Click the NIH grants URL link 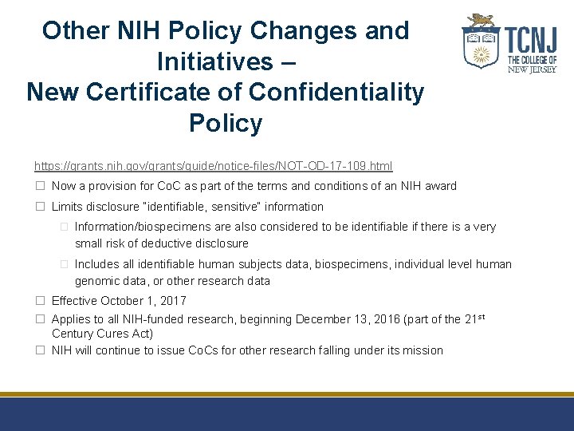[x=213, y=166]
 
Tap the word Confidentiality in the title [x=336, y=93]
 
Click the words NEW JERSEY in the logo [x=532, y=69]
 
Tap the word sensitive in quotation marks [x=238, y=207]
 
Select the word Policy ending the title [x=226, y=123]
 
